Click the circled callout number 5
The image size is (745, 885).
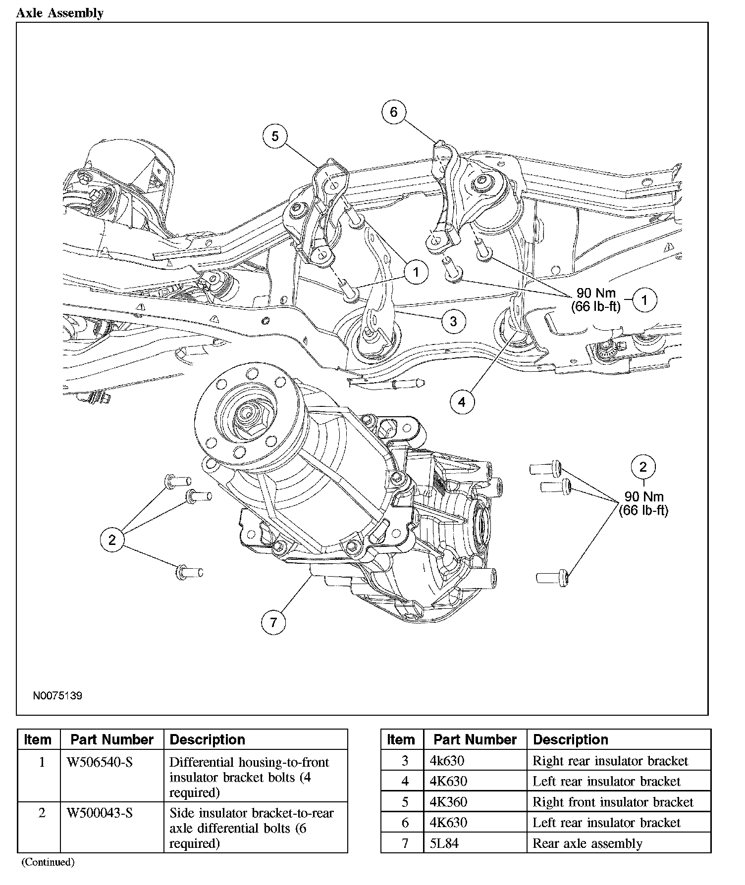coord(275,136)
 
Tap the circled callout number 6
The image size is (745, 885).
coord(393,112)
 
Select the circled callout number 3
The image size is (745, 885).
coord(453,321)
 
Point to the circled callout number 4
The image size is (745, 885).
coord(462,401)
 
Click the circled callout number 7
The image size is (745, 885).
coord(273,622)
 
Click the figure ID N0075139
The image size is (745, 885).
coord(57,695)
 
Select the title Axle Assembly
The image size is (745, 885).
coord(59,13)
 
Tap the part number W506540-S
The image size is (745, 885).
coord(100,762)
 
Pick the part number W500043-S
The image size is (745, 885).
coord(100,813)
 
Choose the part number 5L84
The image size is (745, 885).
coord(444,843)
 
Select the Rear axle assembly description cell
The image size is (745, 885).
coord(587,843)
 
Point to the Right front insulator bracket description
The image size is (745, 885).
coord(613,802)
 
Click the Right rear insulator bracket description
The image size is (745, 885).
coord(610,761)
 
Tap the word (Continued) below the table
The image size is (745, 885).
coord(48,862)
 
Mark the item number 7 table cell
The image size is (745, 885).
coord(405,843)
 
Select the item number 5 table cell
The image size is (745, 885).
coord(405,802)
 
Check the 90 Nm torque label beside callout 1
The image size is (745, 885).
coord(596,293)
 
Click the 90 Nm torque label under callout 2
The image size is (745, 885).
coord(643,496)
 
